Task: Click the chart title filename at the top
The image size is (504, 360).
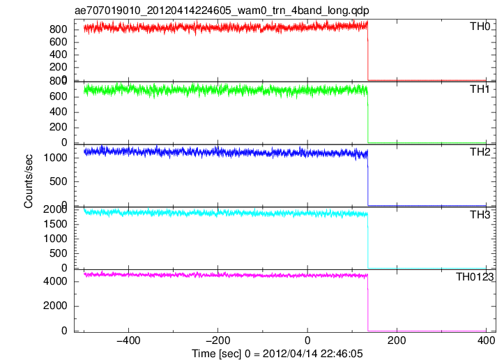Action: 222,10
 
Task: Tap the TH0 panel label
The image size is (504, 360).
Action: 480,27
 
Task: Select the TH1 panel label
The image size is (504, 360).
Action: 480,89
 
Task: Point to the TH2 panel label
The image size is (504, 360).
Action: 480,152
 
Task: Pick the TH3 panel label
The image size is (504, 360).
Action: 480,215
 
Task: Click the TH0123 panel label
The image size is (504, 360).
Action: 475,277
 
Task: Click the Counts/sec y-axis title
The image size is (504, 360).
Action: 29,181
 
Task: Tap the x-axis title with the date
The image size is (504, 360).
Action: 277,354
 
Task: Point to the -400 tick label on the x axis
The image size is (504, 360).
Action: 128,340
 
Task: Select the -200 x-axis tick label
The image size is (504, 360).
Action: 218,340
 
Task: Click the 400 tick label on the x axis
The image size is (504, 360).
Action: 486,340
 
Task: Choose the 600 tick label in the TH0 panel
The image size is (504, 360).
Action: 58,42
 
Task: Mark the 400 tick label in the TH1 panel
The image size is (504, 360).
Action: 58,112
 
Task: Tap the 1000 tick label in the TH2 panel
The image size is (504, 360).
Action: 55,158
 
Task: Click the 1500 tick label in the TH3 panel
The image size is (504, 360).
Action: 55,224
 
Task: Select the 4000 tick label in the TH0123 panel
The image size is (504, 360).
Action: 55,281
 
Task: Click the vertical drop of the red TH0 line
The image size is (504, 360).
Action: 367,52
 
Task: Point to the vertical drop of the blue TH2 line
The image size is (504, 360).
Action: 367,178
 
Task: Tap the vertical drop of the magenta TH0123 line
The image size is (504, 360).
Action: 367,302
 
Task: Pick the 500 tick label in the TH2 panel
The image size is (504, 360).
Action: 58,181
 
